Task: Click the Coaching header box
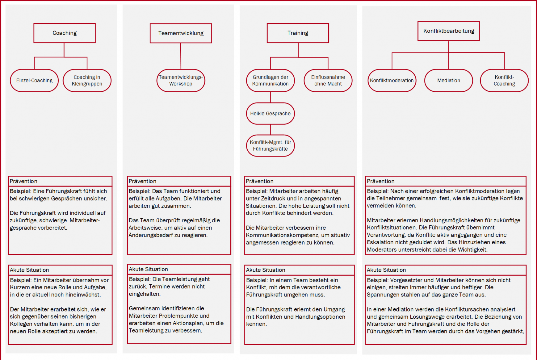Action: click(x=65, y=33)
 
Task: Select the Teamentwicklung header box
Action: click(x=181, y=33)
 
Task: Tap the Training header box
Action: click(x=298, y=33)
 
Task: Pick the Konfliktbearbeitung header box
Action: click(x=448, y=31)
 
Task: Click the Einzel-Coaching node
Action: click(x=34, y=81)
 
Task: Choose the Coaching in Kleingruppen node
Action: click(x=87, y=81)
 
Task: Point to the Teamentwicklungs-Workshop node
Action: click(x=181, y=81)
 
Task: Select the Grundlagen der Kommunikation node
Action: click(x=270, y=81)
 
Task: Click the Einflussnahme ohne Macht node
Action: click(x=328, y=81)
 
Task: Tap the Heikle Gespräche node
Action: click(x=270, y=114)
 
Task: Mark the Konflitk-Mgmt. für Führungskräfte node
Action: click(x=270, y=146)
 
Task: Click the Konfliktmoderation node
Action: click(x=392, y=81)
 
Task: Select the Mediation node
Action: click(x=448, y=81)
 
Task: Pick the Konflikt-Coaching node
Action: click(x=504, y=81)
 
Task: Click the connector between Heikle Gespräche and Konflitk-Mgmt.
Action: click(x=271, y=130)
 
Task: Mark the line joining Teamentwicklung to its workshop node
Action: click(x=181, y=56)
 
